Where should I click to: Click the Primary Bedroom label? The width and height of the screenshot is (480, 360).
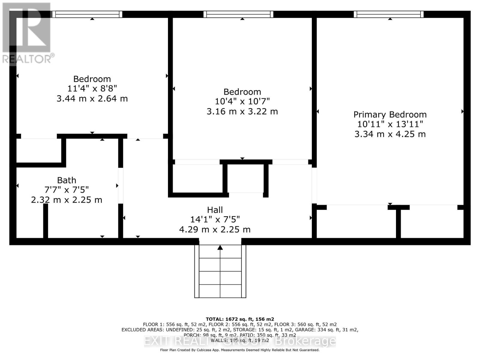click(390, 115)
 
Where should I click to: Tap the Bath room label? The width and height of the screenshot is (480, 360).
click(67, 180)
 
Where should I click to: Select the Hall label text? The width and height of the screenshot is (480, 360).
click(215, 210)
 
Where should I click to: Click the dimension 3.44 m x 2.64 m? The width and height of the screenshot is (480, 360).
click(92, 98)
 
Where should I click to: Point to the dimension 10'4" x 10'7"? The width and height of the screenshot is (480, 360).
click(242, 101)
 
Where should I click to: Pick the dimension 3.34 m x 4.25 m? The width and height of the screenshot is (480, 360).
click(390, 134)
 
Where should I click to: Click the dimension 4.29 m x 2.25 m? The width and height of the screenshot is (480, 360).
click(215, 229)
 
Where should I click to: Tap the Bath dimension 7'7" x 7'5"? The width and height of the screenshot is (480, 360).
click(67, 190)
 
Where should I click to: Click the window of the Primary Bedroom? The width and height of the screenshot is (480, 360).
click(388, 14)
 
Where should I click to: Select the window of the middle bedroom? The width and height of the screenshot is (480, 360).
click(238, 14)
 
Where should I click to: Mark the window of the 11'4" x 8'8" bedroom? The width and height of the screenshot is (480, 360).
click(87, 14)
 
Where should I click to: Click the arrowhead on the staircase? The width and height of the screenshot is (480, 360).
click(220, 247)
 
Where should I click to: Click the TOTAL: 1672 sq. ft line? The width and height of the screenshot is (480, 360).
click(240, 319)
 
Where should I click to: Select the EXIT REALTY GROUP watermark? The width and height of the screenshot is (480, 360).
click(240, 341)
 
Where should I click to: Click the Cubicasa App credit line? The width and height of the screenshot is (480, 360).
click(240, 350)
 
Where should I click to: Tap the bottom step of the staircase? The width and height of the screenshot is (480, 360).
click(220, 291)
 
